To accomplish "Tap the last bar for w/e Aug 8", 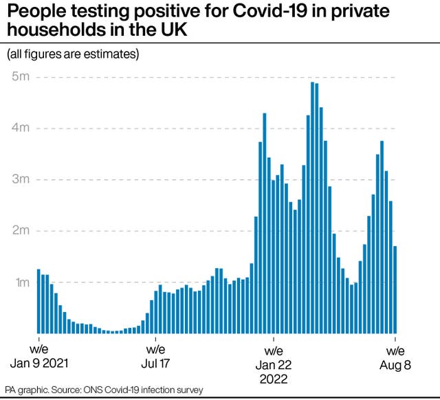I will tap(395, 289).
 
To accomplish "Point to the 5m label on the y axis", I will tap(19, 77).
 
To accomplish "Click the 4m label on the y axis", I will tap(19, 129).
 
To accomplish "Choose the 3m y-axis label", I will tap(19, 179).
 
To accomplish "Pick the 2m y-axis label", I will tap(19, 231).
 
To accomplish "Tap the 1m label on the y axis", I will tap(19, 282).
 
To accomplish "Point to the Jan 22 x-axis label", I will tap(274, 364).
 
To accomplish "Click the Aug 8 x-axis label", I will tap(395, 364).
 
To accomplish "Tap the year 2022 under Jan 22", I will tap(274, 379).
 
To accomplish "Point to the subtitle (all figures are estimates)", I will tap(73, 54).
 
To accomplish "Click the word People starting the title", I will tap(32, 12).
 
